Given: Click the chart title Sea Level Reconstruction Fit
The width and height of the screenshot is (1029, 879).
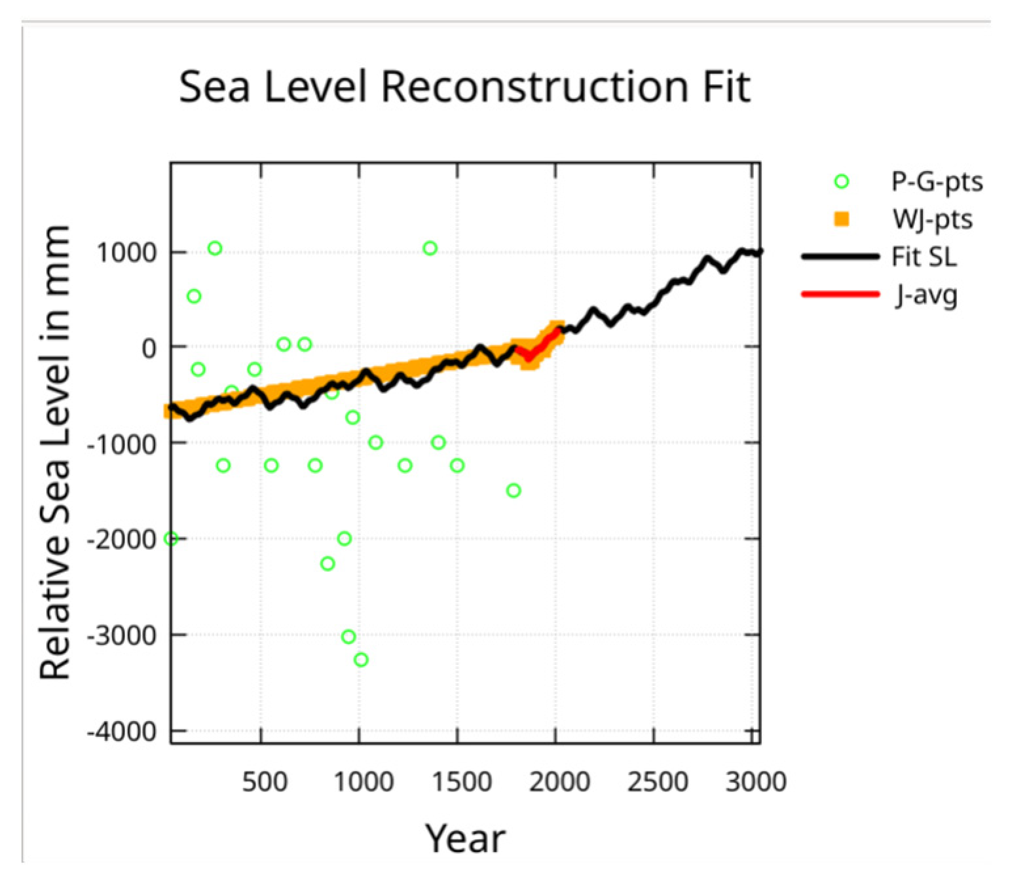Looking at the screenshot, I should (464, 87).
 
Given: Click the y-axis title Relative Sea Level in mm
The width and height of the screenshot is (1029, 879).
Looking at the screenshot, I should (55, 452).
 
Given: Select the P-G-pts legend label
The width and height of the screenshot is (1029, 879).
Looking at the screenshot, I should (937, 181).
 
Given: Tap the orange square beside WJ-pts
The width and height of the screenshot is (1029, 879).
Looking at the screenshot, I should (842, 219).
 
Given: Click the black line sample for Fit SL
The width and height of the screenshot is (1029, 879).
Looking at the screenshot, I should (840, 257).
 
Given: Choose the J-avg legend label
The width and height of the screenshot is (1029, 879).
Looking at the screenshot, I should (926, 295).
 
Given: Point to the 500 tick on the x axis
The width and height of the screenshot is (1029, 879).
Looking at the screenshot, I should (264, 781).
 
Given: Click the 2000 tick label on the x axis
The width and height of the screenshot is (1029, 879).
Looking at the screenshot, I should (559, 781).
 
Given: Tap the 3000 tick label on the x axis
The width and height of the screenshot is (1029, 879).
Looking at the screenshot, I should (756, 781).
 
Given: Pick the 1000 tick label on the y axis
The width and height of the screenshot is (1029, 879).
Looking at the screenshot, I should (127, 253).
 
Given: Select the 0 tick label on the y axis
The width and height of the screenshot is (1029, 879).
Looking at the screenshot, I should (149, 348).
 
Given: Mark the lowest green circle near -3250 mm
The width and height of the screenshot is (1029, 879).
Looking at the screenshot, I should (361, 660).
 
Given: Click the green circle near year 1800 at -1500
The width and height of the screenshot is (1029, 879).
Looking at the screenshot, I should (514, 491).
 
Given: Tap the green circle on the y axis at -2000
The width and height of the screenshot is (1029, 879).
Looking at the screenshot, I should (171, 538).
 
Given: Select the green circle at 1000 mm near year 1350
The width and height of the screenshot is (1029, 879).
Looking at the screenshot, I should (430, 248).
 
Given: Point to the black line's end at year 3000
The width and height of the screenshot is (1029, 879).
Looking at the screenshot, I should (758, 252).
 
